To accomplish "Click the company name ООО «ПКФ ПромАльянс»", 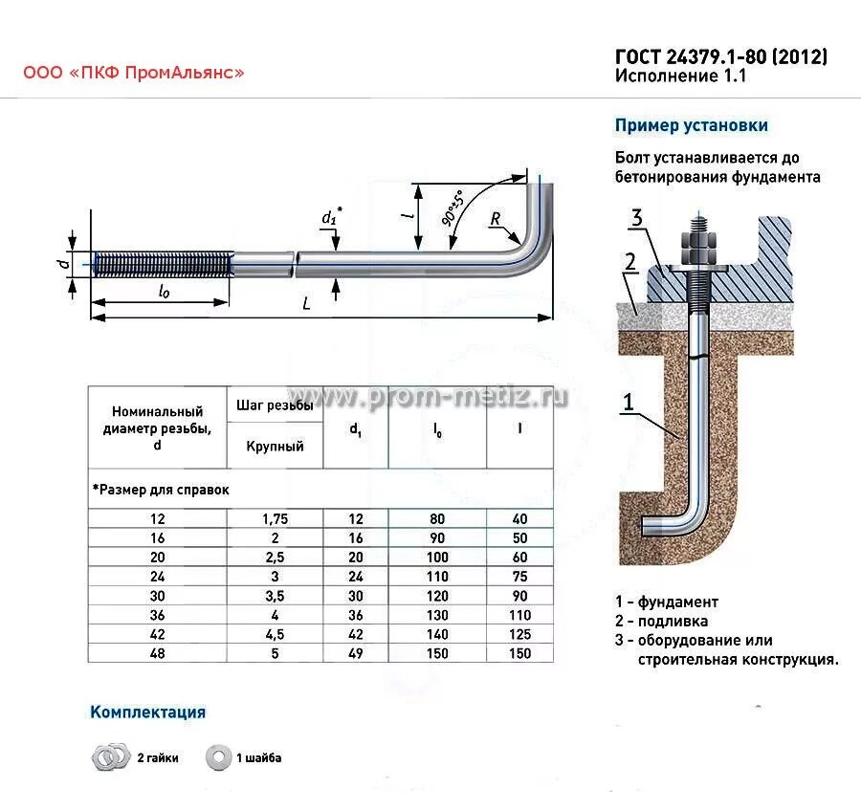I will pos(134,72).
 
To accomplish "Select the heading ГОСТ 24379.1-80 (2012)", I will pos(720,57).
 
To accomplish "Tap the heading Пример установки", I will pos(691,125).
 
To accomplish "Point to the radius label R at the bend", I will pos(497,220).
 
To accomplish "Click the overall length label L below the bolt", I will pos(305,304).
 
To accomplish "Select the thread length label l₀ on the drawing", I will pos(164,291).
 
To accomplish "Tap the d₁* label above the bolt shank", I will pos(330,218).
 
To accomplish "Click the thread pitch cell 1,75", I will pos(276,518).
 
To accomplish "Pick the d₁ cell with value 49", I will pos(355,654).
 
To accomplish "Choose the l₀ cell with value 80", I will pos(437,518).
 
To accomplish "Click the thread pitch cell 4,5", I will pos(276,635).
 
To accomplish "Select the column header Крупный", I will pos(276,446).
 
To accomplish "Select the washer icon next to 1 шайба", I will pos(219,758).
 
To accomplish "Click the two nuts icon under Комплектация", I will pos(110,758).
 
